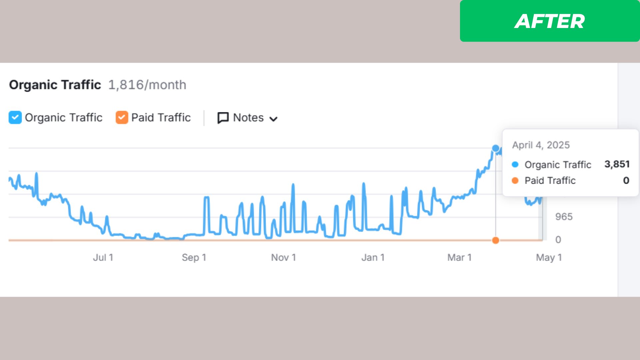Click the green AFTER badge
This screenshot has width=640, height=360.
pyautogui.click(x=549, y=21)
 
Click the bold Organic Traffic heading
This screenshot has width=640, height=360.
pyautogui.click(x=55, y=85)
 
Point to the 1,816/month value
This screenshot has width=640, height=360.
pyautogui.click(x=147, y=85)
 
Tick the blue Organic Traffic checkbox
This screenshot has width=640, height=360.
pyautogui.click(x=15, y=117)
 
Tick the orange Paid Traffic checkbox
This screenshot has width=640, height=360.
pyautogui.click(x=122, y=117)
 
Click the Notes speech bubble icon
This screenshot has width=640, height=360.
pyautogui.click(x=223, y=118)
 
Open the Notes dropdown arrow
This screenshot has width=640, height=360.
pyautogui.click(x=273, y=119)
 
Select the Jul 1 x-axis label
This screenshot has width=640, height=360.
pyautogui.click(x=103, y=257)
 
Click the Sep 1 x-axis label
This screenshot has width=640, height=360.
pyautogui.click(x=194, y=257)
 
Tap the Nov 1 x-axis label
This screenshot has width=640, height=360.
pyautogui.click(x=283, y=257)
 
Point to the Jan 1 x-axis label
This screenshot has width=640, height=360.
pyautogui.click(x=373, y=257)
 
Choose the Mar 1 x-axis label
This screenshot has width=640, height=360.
pyautogui.click(x=459, y=257)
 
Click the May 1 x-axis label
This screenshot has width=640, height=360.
pyautogui.click(x=549, y=257)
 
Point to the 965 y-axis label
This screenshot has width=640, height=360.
pyautogui.click(x=564, y=217)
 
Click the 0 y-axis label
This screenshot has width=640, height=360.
pyautogui.click(x=558, y=239)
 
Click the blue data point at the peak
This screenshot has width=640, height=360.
pyautogui.click(x=496, y=148)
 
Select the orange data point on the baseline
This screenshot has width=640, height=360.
pyautogui.click(x=496, y=240)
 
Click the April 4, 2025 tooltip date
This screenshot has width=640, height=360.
pyautogui.click(x=541, y=145)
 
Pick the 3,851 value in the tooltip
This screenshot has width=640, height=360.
pyautogui.click(x=617, y=164)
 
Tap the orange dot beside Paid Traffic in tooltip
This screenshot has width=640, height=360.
pyautogui.click(x=515, y=180)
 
